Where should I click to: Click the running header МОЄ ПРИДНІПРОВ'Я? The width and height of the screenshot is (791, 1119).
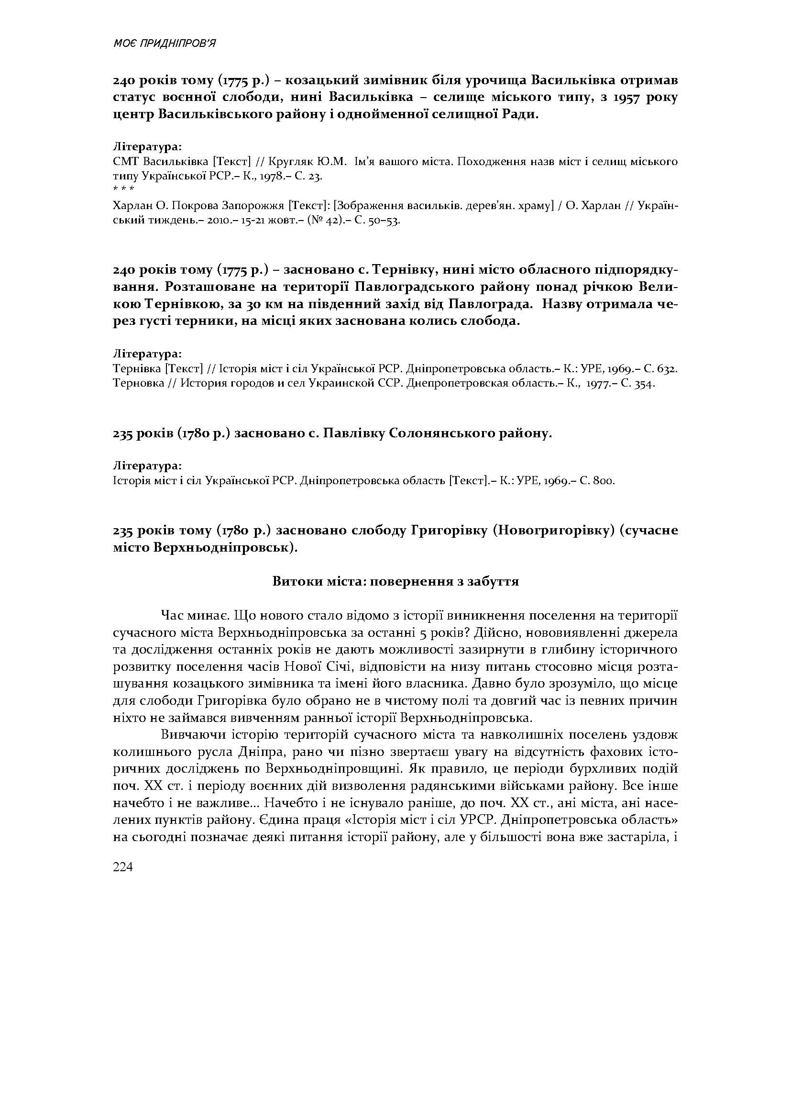[x=164, y=44]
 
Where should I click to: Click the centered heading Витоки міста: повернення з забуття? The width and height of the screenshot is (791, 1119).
[x=395, y=581]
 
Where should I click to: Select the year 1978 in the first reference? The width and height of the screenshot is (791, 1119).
[x=275, y=176]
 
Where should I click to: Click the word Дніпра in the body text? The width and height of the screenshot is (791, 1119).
[x=260, y=752]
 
